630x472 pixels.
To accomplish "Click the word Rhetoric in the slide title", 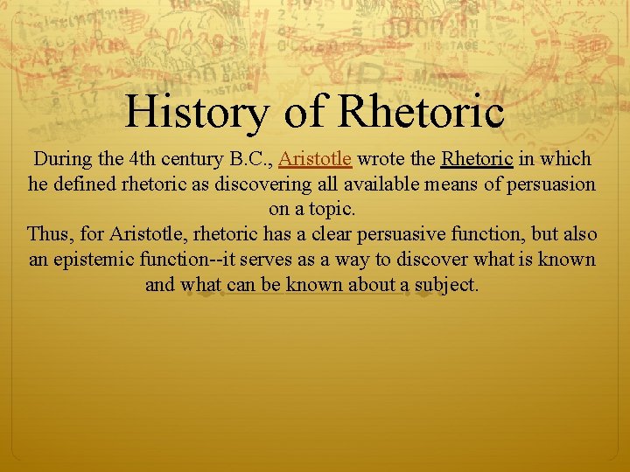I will point(421,111).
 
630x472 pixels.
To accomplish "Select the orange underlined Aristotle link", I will point(315,159).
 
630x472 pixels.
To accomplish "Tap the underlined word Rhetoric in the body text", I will point(477,159).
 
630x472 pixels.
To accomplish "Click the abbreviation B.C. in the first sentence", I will point(249,159).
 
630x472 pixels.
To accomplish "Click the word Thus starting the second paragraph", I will point(48,235).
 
